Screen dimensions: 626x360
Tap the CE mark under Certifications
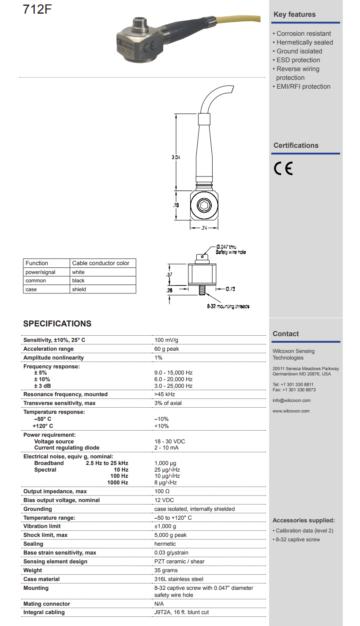(283, 169)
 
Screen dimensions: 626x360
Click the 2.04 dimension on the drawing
(176, 157)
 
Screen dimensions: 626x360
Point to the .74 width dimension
(204, 228)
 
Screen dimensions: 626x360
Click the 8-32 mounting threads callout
(228, 306)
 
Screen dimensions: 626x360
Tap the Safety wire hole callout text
(231, 252)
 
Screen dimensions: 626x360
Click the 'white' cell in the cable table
(79, 272)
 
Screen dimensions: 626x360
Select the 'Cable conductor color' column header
(101, 263)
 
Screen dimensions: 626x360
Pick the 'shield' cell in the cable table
(79, 289)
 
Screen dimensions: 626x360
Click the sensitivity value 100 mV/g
(166, 340)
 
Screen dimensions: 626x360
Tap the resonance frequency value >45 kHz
(165, 394)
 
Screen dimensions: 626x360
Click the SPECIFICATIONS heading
(57, 323)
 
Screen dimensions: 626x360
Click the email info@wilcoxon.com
(291, 401)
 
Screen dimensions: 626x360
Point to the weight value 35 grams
(166, 570)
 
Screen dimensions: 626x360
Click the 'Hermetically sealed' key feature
(304, 42)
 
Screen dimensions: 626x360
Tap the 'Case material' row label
(41, 579)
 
